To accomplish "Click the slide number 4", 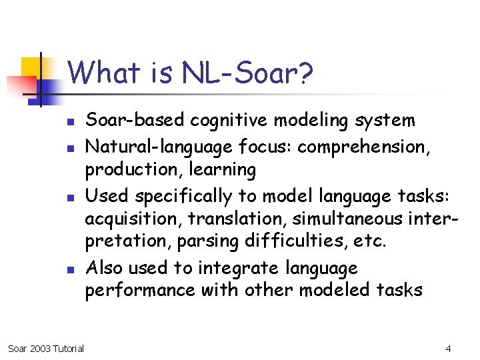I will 448,349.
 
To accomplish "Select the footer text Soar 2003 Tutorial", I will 45,349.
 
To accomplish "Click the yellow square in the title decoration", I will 31,67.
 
